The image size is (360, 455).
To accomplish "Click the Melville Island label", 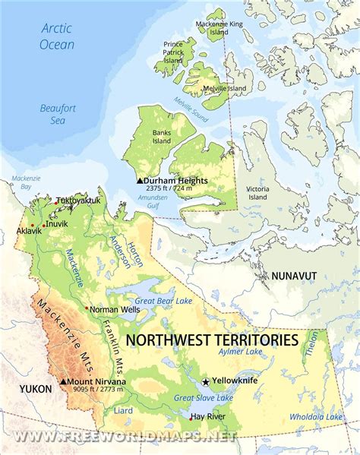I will (225, 89).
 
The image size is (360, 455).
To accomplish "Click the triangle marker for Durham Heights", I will (139, 181).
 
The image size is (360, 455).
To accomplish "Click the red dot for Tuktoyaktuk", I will (52, 203).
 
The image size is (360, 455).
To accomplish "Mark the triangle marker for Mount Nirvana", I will (62, 381).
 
